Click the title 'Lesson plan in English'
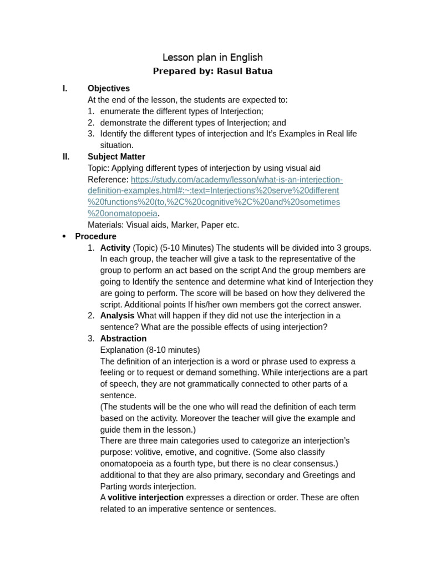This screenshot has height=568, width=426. tap(212, 58)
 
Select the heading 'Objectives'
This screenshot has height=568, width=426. tap(109, 89)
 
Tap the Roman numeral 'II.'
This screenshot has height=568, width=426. tap(66, 157)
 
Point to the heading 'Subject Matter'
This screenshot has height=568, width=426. tap(116, 157)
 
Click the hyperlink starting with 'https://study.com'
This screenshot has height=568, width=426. tap(237, 180)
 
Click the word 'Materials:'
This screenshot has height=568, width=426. tap(105, 225)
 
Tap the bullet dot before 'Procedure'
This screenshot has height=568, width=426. tap(64, 237)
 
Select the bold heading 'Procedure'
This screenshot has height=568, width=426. tap(96, 237)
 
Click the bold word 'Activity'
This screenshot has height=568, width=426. tap(115, 248)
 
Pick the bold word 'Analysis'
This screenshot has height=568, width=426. tap(117, 316)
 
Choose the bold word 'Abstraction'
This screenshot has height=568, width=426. tap(123, 339)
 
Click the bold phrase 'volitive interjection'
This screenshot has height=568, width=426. tap(145, 498)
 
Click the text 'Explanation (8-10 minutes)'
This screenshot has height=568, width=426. tap(150, 351)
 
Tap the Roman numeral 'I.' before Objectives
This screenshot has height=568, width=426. tap(65, 89)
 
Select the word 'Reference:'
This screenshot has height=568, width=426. tap(108, 180)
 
